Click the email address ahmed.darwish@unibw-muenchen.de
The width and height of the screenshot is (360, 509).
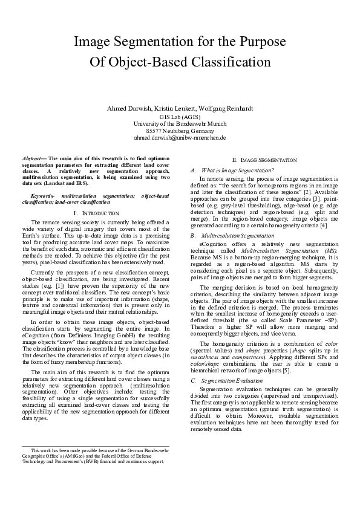pyautogui.click(x=180, y=138)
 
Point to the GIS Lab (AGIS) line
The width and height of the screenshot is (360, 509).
pyautogui.click(x=180, y=116)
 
